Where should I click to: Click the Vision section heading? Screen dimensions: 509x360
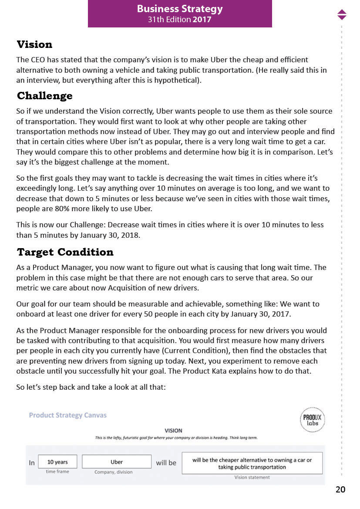34,44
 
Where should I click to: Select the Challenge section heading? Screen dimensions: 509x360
44,96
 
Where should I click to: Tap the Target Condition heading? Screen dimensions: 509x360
65,252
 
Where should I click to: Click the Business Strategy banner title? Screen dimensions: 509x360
180,9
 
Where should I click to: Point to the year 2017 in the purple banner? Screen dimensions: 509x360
202,20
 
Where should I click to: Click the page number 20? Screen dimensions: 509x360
340,490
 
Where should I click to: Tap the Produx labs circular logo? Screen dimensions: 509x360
313,420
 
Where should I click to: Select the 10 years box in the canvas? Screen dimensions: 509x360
57,462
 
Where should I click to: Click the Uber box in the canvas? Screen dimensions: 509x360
117,462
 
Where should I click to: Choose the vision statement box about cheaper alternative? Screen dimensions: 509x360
252,463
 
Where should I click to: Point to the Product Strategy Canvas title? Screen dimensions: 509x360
67,415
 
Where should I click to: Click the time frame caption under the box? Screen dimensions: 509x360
57,472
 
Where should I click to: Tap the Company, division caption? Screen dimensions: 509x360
114,472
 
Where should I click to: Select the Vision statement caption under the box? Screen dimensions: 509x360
252,477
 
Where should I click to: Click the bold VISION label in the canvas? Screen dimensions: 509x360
173,431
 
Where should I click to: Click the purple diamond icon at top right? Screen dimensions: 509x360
342,14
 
